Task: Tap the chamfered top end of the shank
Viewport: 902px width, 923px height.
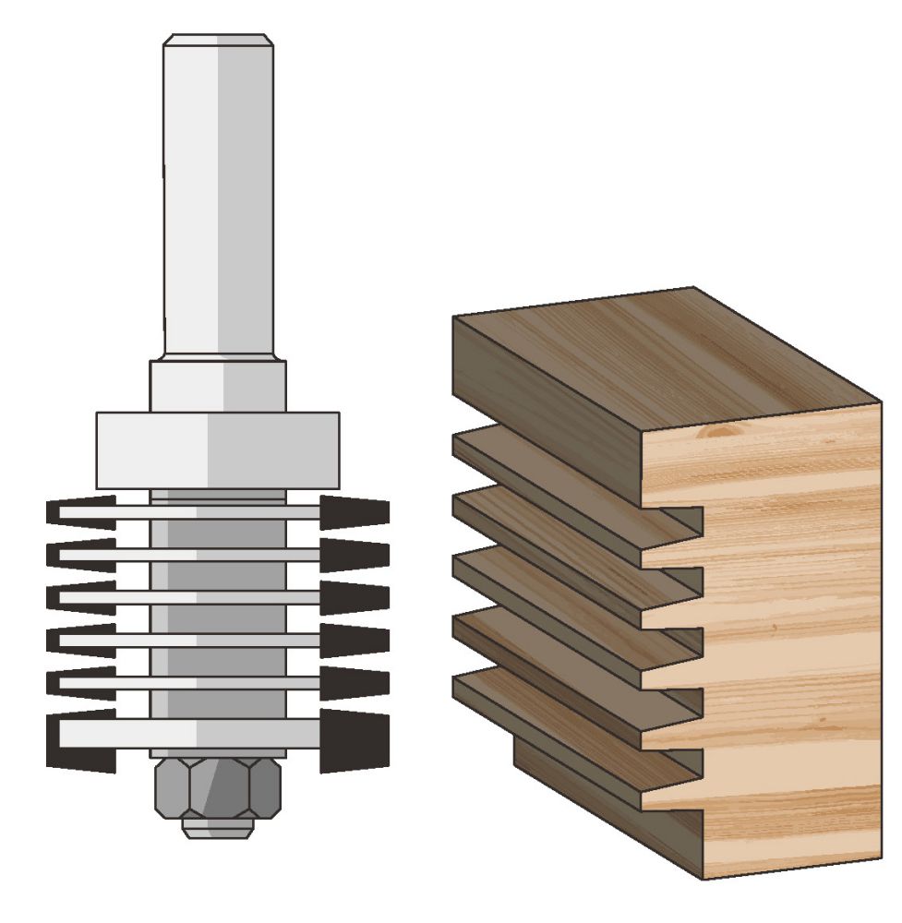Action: (218, 42)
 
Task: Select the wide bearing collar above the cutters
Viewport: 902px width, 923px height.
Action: (218, 450)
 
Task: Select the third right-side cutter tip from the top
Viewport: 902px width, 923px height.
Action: (355, 597)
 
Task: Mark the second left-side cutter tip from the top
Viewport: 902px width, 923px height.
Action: (78, 555)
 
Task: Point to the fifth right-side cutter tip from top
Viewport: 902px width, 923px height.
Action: (355, 681)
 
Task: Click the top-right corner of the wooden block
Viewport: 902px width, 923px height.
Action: (880, 402)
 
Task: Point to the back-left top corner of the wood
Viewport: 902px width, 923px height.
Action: (454, 317)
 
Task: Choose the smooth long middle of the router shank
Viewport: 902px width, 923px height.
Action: (218, 203)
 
